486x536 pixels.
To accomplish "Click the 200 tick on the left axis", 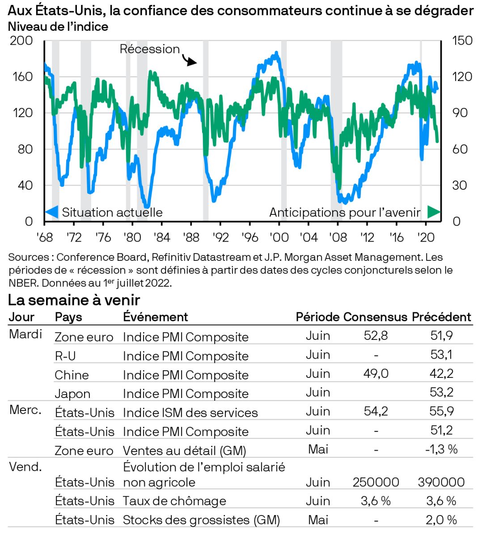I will pyautogui.click(x=21, y=41).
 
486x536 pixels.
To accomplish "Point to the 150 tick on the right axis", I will pyautogui.click(x=462, y=41).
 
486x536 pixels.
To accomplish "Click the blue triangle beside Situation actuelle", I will pyautogui.click(x=52, y=212).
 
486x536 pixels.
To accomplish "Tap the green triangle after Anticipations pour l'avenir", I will pyautogui.click(x=434, y=212).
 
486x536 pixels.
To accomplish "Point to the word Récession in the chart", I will pyautogui.click(x=149, y=49).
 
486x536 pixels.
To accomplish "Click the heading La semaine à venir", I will pyautogui.click(x=74, y=300).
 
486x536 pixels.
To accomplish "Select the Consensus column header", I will pyautogui.click(x=375, y=317).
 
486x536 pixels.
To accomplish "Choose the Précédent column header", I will pyautogui.click(x=441, y=317).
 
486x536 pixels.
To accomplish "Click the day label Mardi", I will pyautogui.click(x=25, y=334).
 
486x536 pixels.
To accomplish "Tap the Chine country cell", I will pyautogui.click(x=72, y=375).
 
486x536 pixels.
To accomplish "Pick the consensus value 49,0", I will pyautogui.click(x=376, y=373).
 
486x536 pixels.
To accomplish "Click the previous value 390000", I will pyautogui.click(x=441, y=482).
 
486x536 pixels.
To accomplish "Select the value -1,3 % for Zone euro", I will pyautogui.click(x=441, y=449).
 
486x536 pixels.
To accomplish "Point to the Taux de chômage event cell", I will pyautogui.click(x=174, y=501).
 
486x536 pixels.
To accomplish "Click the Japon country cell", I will pyautogui.click(x=72, y=394).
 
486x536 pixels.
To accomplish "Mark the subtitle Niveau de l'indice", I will pyautogui.click(x=58, y=26).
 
